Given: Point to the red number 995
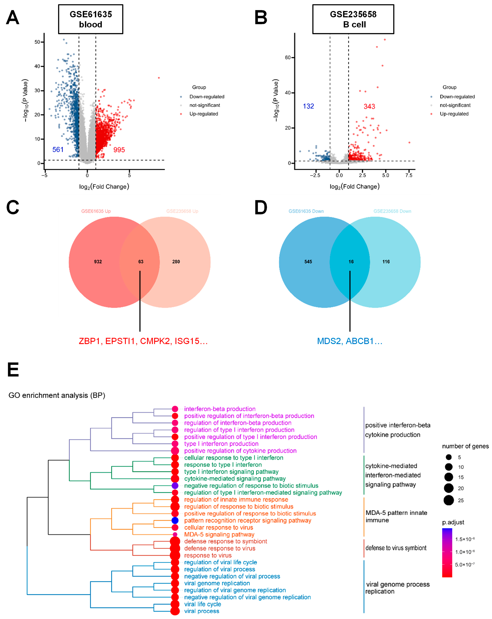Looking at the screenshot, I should (x=119, y=150).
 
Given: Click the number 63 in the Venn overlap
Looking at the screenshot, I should (x=141, y=262).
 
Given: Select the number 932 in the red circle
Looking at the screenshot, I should (x=98, y=262).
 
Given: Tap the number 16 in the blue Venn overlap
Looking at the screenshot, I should (x=351, y=262).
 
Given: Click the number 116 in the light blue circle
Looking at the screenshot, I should (x=386, y=262).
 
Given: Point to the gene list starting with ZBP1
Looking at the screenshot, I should (x=143, y=341).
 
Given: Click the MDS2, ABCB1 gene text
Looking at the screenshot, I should (x=350, y=341).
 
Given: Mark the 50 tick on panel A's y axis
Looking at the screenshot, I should (x=37, y=42).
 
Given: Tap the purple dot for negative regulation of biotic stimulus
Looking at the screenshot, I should (x=175, y=485).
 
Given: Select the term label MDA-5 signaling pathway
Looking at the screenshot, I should (x=219, y=534).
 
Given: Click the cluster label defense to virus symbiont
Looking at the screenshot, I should (x=396, y=548).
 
